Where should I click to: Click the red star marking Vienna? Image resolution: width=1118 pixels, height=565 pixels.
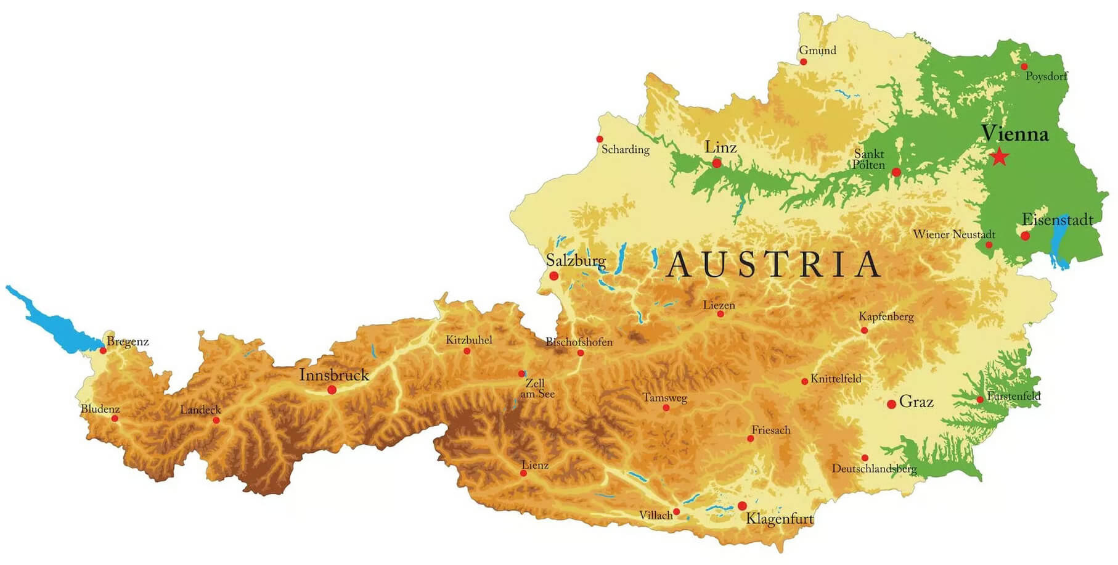pos(999,157)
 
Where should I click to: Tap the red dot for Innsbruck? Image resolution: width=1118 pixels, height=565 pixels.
pos(332,390)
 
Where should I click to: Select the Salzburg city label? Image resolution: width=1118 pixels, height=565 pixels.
pos(576,261)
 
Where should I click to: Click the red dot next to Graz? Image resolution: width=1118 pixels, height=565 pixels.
pos(891,405)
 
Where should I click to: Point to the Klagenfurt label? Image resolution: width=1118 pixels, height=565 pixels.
pos(780,519)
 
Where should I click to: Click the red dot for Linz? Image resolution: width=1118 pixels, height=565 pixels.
pos(717,163)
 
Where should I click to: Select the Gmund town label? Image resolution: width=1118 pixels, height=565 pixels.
pos(817,51)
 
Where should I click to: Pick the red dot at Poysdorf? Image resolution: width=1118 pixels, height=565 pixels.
pos(1024,67)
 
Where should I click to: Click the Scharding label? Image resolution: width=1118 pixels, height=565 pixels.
pos(625,149)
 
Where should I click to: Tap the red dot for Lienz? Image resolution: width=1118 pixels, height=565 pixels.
pos(523,474)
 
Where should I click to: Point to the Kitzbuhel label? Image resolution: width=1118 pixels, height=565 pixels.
pos(469,340)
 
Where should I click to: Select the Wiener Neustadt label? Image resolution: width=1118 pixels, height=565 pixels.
pos(953,234)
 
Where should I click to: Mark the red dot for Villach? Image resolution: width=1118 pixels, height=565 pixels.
pos(676,512)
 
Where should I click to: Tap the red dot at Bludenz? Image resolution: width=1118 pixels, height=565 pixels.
pos(115,419)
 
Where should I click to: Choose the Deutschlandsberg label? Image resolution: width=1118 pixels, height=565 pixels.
pos(874,469)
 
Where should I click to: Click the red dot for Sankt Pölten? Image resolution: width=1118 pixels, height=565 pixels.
pos(896,173)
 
